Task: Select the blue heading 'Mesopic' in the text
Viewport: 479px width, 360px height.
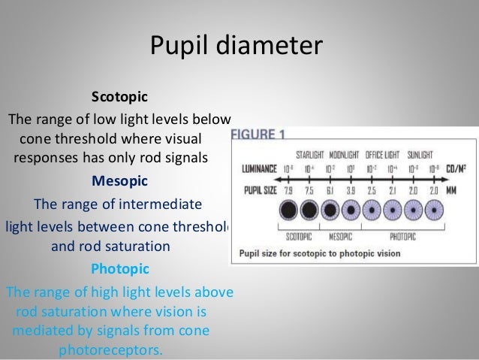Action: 119,181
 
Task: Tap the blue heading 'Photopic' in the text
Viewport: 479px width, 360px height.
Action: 119,268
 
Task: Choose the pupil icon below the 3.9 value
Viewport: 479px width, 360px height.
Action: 350,210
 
